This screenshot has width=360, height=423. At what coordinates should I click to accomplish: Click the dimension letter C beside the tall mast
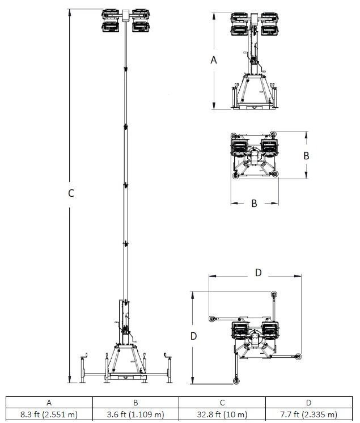[71, 193]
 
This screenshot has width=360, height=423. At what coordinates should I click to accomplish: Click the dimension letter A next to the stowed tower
[214, 60]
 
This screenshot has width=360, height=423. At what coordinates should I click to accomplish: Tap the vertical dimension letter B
[306, 155]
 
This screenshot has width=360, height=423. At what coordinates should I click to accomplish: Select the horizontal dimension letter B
[254, 202]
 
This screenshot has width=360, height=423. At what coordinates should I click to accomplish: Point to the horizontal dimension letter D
[258, 273]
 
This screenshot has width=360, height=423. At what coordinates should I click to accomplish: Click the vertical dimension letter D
[193, 336]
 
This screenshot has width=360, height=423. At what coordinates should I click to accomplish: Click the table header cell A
[49, 403]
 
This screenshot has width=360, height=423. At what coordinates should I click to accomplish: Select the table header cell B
[135, 403]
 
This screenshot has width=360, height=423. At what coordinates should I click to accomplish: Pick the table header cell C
[222, 403]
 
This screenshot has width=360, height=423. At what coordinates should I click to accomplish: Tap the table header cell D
[308, 403]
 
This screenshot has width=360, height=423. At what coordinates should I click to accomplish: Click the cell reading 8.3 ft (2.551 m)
[49, 414]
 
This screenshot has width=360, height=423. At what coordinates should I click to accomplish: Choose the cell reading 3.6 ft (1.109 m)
[135, 414]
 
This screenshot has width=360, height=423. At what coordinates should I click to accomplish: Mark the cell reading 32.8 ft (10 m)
[222, 414]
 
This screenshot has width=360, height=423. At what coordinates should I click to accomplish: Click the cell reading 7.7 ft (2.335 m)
[308, 414]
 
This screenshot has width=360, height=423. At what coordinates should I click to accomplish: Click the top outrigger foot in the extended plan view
[274, 294]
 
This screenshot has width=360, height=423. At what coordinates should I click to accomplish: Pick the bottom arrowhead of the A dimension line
[214, 107]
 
